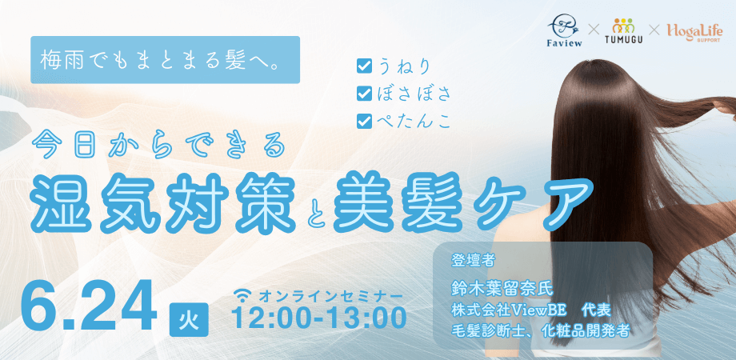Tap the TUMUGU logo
[623, 31]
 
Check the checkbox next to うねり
[364, 66]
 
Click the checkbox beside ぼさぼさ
[364, 94]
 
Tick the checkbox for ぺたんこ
[364, 121]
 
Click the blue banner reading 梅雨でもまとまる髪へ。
[166, 60]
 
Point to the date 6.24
[88, 306]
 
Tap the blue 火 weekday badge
[188, 319]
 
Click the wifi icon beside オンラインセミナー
[244, 296]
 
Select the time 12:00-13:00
[319, 318]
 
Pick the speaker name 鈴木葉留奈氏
[502, 288]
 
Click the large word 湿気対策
[163, 202]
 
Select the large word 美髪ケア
[462, 202]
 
